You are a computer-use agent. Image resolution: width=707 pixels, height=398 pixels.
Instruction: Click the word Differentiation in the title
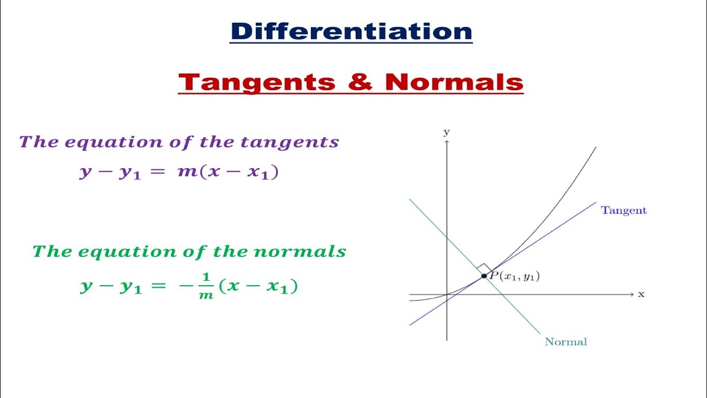click(x=351, y=32)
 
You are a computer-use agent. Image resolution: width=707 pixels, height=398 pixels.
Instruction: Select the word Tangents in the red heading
click(x=257, y=83)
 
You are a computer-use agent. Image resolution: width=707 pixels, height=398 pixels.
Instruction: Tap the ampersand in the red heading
click(x=360, y=83)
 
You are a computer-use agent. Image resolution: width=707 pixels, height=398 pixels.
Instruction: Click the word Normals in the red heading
click(x=453, y=83)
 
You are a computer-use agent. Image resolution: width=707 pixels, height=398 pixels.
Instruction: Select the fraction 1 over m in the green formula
click(x=206, y=287)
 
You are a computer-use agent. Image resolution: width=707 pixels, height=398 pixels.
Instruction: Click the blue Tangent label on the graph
click(x=624, y=210)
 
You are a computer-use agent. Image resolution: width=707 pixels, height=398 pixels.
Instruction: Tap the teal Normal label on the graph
click(x=566, y=342)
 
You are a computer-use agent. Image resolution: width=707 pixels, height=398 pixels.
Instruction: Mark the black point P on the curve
click(x=484, y=276)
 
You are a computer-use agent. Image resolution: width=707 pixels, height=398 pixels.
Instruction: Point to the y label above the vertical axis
click(x=446, y=132)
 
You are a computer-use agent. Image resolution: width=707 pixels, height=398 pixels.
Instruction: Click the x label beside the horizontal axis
click(x=641, y=294)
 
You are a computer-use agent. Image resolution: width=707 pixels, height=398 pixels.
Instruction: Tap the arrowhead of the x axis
click(x=631, y=295)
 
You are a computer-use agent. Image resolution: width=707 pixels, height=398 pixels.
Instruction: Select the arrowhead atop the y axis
click(x=446, y=143)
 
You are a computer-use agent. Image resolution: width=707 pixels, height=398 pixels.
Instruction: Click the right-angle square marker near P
click(x=484, y=268)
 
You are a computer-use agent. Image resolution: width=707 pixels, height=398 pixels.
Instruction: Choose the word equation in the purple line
click(x=109, y=142)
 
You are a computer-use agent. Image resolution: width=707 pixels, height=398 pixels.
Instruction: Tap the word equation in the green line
click(x=121, y=252)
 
